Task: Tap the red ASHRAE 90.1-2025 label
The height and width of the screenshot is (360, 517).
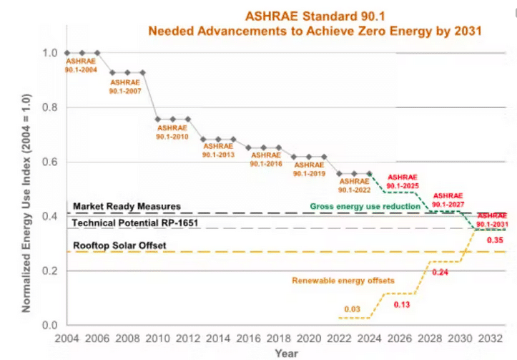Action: [x=401, y=180]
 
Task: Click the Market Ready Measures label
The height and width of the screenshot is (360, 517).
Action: [x=127, y=206]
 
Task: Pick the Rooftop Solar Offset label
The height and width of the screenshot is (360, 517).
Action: [x=119, y=245]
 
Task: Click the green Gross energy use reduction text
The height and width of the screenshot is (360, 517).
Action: [x=365, y=206]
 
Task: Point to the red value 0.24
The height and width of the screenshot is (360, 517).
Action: [x=439, y=273]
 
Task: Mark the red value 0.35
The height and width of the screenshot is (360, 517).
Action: [x=494, y=240]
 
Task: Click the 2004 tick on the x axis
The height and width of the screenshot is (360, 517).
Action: [x=67, y=338]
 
